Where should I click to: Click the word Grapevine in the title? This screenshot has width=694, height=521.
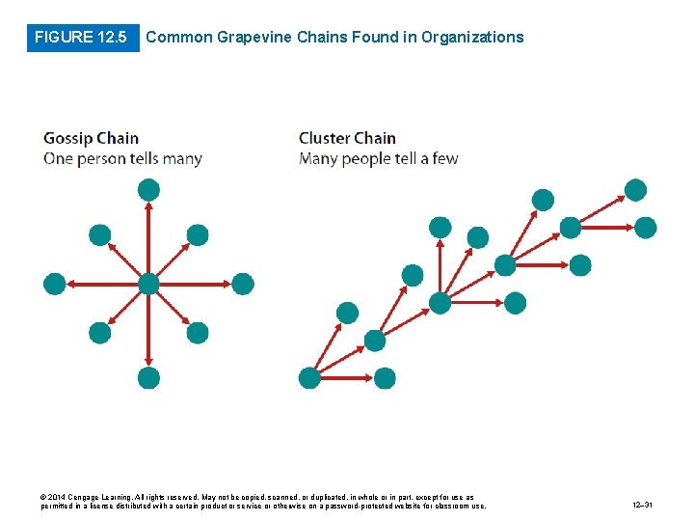[252, 38]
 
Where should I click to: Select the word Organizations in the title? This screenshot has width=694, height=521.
[474, 38]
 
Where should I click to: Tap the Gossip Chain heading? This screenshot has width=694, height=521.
[92, 138]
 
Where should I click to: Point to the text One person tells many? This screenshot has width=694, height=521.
[122, 158]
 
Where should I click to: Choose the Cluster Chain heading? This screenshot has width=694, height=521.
[347, 138]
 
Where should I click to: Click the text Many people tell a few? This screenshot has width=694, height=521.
[379, 158]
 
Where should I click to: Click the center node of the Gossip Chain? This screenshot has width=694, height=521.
[147, 284]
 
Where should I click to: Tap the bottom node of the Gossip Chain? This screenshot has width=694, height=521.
[147, 377]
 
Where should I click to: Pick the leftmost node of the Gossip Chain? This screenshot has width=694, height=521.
[54, 284]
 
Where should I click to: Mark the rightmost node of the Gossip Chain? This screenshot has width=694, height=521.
[243, 284]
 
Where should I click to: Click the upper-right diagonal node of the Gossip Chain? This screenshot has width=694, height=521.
[197, 234]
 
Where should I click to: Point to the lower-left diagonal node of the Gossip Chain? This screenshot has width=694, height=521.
[99, 333]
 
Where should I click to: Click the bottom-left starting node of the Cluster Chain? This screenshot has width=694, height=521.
[309, 377]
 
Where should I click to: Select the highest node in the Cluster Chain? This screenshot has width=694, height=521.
[636, 190]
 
